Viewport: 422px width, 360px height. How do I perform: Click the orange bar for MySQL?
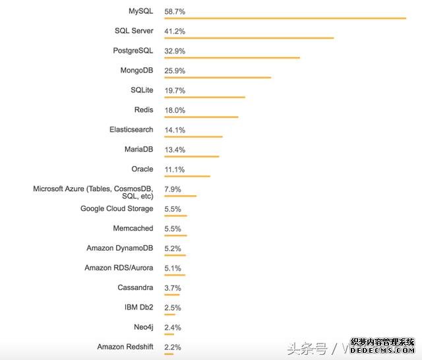click(285, 18)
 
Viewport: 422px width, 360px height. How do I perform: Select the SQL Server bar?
click(249, 38)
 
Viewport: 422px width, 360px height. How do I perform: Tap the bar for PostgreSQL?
click(231, 58)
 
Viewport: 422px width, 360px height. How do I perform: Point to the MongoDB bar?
click(218, 78)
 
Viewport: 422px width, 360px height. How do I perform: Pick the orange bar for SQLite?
click(204, 98)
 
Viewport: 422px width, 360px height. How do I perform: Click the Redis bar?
click(201, 117)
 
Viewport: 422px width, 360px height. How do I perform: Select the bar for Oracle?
click(187, 176)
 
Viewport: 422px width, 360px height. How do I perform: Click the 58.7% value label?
click(175, 11)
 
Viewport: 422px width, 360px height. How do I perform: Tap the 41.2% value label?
click(175, 31)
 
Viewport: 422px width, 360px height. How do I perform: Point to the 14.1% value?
click(175, 130)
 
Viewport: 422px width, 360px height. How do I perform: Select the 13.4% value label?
click(175, 150)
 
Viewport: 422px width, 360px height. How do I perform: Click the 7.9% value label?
click(173, 190)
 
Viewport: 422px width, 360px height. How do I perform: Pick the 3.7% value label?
click(173, 288)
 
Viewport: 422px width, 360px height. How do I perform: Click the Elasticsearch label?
click(131, 130)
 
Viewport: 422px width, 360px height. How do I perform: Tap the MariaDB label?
click(138, 150)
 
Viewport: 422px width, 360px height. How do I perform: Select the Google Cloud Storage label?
click(117, 208)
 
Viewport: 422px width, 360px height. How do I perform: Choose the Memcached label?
click(133, 228)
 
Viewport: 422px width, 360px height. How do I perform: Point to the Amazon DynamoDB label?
click(120, 248)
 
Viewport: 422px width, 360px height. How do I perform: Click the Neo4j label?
click(143, 327)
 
